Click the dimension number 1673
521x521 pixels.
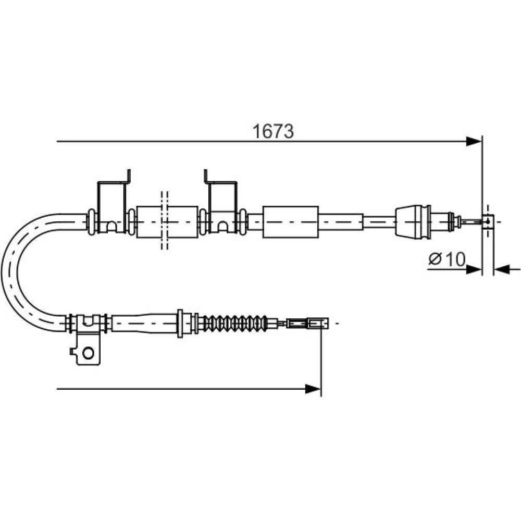273,131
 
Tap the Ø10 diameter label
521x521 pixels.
447,259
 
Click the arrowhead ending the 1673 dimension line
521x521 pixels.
474,142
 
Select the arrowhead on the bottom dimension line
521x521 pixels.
313,389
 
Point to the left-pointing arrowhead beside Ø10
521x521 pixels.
502,269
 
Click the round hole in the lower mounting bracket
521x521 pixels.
88,353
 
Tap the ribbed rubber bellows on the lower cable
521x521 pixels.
234,322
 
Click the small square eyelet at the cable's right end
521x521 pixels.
488,221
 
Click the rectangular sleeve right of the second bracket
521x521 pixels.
290,222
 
